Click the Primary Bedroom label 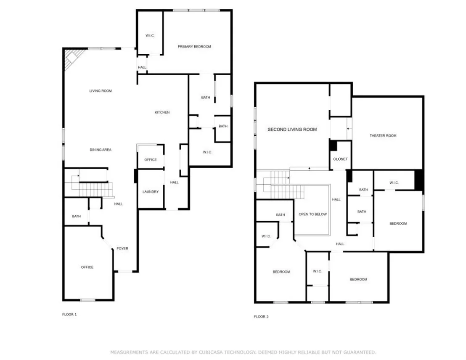pos(194,47)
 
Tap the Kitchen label pos(162,112)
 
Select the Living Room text pos(101,91)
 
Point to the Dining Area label pos(101,150)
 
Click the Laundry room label pos(151,192)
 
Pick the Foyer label pos(122,249)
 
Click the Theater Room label pos(383,135)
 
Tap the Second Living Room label pos(292,129)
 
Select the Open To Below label pos(312,214)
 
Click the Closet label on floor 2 pos(340,159)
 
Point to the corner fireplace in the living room pos(73,58)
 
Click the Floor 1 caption pos(69,315)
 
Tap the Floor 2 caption pos(261,317)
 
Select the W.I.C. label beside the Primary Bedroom pos(150,36)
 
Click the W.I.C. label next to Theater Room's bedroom pos(394,183)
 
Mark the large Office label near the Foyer pos(87,267)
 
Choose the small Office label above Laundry pos(151,160)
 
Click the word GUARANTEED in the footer pos(360,352)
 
